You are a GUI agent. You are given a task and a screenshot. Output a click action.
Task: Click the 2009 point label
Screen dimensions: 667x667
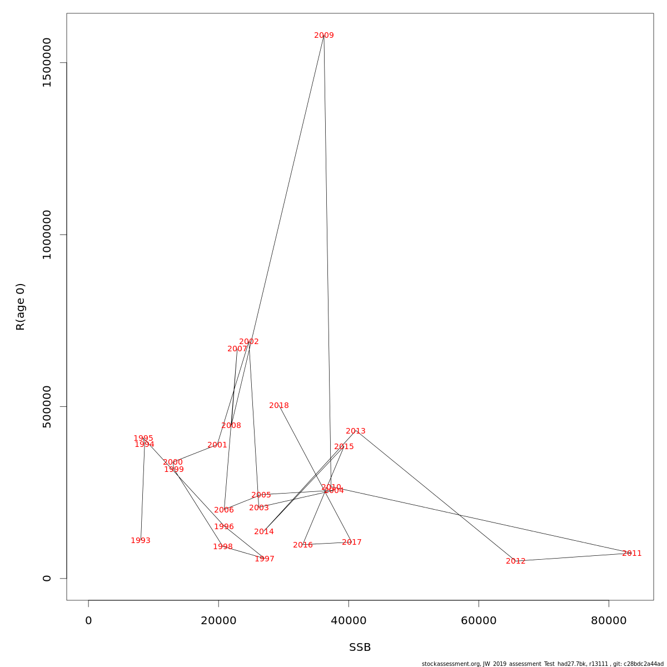point(324,36)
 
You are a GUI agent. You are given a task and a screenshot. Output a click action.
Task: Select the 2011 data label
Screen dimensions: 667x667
point(632,554)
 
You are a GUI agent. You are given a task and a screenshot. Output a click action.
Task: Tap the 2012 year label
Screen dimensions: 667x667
point(516,561)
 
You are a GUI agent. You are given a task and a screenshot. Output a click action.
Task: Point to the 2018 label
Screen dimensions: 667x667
point(279,406)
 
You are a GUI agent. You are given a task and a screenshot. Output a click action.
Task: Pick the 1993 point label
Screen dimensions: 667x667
point(141,541)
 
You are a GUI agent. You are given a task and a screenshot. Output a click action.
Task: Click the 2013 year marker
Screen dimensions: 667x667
point(356,431)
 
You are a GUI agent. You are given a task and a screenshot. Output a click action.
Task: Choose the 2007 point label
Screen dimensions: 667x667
point(237,349)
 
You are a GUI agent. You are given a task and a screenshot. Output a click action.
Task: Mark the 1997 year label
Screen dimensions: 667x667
point(265,559)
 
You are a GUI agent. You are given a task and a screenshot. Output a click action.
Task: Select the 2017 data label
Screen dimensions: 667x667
point(352,542)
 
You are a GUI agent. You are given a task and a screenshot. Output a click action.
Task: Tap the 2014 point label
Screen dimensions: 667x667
point(264,532)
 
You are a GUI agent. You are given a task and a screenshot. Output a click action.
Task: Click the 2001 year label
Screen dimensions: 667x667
point(217,445)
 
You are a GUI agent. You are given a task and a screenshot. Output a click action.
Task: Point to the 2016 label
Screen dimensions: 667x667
point(303,545)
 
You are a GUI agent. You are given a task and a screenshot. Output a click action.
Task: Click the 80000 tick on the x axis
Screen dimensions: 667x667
point(609,621)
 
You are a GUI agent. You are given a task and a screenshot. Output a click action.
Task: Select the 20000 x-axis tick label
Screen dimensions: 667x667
point(218,621)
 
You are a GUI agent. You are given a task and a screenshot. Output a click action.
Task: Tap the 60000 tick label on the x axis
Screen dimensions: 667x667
point(479,621)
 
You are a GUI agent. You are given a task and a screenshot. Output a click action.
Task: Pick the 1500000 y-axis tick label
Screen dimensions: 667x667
point(47,62)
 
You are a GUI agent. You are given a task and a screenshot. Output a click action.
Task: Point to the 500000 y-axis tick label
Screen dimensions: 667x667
point(47,406)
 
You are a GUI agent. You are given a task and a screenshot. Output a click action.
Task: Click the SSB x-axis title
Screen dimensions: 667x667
point(360,648)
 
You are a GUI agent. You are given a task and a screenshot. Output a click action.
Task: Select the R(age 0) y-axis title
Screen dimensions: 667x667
point(21,307)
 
